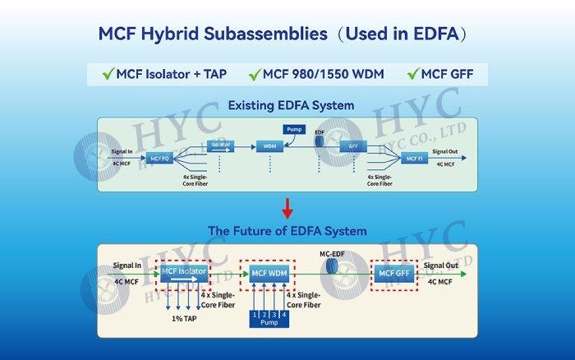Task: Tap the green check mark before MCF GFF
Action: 414,75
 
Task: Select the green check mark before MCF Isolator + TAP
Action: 107,75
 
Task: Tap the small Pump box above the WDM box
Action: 293,129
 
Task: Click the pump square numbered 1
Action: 255,315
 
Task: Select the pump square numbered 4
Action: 284,315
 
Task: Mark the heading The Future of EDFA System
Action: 287,231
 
